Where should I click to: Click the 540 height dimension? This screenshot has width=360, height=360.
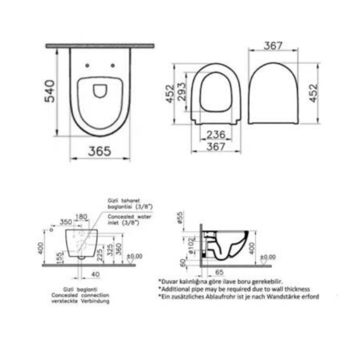pyautogui.click(x=50, y=91)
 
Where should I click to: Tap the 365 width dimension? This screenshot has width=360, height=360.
pyautogui.click(x=100, y=151)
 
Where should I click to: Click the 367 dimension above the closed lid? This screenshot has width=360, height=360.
pyautogui.click(x=273, y=46)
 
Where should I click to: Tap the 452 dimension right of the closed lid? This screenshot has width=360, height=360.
pyautogui.click(x=313, y=93)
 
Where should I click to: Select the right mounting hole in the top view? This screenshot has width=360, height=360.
pyautogui.click(x=113, y=65)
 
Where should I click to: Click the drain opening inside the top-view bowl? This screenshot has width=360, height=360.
pyautogui.click(x=99, y=91)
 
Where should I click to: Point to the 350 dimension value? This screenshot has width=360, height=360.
pyautogui.click(x=65, y=222)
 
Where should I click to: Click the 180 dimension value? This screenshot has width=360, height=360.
pyautogui.click(x=81, y=216)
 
